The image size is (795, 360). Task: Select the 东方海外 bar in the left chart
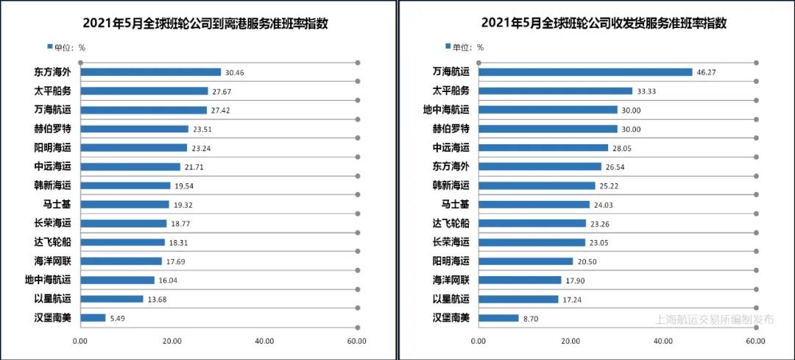[x=150, y=72]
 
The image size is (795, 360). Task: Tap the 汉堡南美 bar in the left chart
[x=93, y=318]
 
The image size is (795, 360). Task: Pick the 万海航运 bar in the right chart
[x=585, y=72]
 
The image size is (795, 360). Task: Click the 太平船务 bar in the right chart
[x=555, y=91]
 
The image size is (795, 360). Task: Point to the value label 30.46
[x=236, y=72]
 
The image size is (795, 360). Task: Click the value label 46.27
[x=707, y=72]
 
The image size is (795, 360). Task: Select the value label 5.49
[x=117, y=318]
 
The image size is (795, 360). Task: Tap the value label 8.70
[x=531, y=318]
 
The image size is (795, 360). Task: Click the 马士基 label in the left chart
[x=57, y=205]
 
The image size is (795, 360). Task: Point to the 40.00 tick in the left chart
[x=264, y=342]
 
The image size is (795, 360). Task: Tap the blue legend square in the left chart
[x=50, y=46]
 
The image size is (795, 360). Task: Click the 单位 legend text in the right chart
[x=467, y=47]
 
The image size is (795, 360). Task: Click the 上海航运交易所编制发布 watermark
[x=715, y=320]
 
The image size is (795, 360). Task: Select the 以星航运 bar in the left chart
[x=111, y=299]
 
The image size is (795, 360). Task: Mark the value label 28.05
[x=623, y=148]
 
